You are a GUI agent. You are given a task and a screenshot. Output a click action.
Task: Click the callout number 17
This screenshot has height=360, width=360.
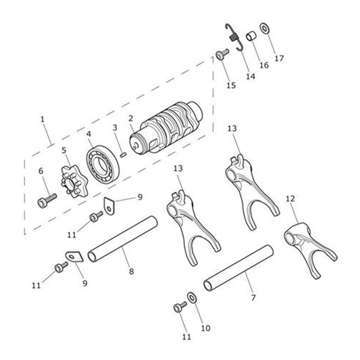(279, 58)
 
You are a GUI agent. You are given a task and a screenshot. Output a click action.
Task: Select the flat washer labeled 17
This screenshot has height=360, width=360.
(265, 28)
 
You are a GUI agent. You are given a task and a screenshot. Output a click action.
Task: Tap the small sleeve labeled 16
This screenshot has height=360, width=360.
(252, 36)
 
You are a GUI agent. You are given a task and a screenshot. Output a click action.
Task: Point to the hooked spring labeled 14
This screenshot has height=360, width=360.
(234, 36)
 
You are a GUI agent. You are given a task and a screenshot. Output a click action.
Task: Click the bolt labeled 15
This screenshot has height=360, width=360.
(222, 55)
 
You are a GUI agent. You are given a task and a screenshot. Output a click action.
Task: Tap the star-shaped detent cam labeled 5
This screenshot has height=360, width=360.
(74, 182)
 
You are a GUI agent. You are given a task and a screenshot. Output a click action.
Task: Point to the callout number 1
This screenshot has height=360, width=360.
(43, 120)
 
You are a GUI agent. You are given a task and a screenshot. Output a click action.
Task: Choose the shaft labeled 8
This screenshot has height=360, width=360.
(123, 239)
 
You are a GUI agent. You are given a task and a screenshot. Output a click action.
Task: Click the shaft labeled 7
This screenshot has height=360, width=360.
(238, 268)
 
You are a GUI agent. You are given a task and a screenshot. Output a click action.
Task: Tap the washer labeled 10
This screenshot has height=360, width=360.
(191, 298)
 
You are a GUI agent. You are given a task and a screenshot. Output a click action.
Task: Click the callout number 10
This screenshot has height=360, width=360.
(206, 328)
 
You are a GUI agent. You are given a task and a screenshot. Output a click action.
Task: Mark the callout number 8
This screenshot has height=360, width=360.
(131, 272)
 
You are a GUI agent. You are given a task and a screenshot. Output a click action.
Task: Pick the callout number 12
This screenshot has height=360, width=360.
(290, 199)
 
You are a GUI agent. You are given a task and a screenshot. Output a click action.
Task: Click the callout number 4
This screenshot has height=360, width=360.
(88, 134)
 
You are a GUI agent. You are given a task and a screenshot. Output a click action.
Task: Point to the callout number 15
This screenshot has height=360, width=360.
(231, 85)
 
